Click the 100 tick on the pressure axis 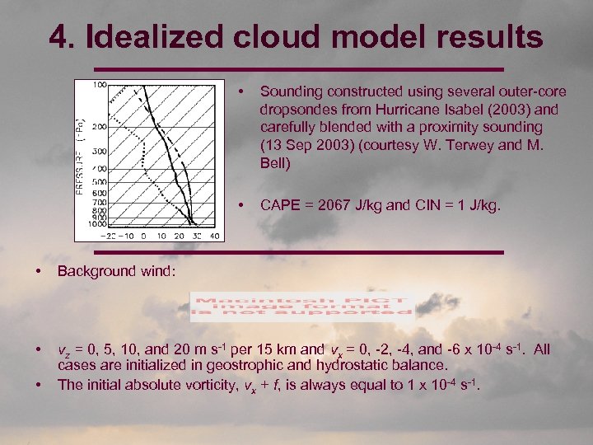pyautogui.click(x=98, y=84)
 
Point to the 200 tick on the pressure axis pyautogui.click(x=98, y=127)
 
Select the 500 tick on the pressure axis pyautogui.click(x=98, y=182)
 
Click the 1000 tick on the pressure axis pyautogui.click(x=96, y=223)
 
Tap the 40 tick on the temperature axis pyautogui.click(x=215, y=236)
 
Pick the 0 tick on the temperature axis pyautogui.click(x=143, y=236)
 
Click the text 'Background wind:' pyautogui.click(x=116, y=269)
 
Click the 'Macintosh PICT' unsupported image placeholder pyautogui.click(x=301, y=306)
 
